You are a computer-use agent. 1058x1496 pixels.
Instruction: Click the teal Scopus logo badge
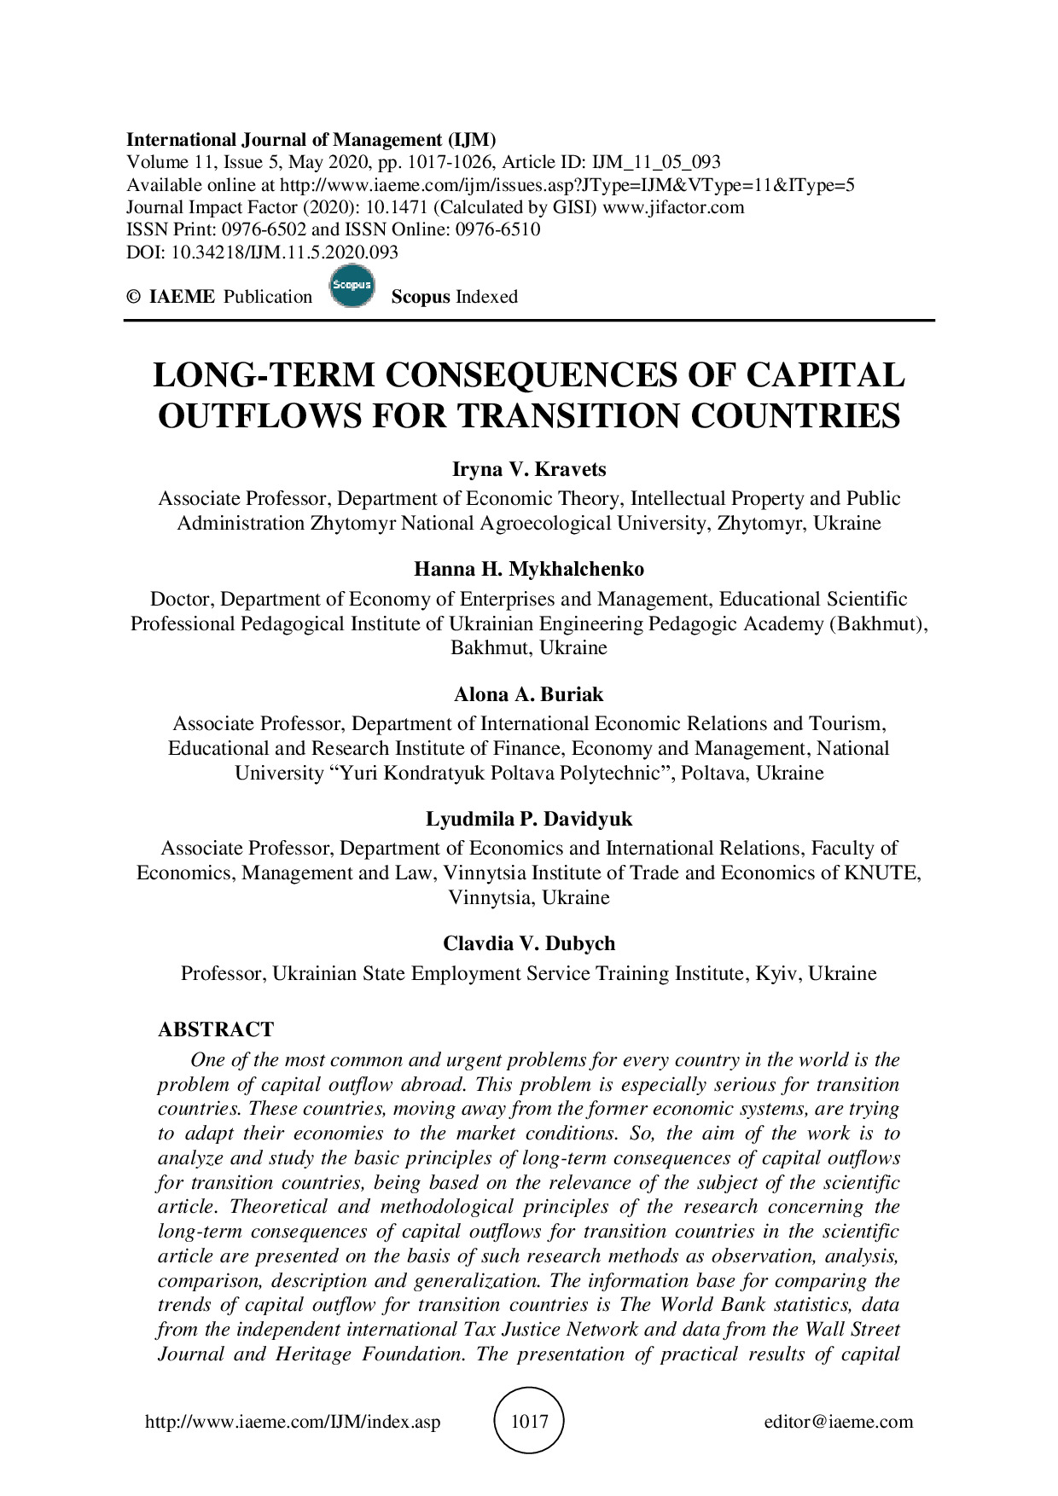352,287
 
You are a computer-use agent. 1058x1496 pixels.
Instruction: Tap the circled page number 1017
528,1421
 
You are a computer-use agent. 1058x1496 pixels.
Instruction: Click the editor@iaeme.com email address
838,1422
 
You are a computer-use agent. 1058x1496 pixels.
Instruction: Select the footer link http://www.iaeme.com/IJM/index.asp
293,1422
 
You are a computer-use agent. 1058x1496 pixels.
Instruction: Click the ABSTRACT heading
216,1029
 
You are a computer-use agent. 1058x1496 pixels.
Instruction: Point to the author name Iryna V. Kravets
528,470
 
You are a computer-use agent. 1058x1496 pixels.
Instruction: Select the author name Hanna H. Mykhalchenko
528,570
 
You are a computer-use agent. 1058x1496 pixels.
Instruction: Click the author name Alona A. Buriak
528,694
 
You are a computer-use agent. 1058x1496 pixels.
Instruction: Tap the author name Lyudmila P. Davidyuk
528,820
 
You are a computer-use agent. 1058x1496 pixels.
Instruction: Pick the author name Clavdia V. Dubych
528,944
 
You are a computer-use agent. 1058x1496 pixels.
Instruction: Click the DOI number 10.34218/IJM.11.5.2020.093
285,252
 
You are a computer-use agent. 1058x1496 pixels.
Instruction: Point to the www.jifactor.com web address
673,207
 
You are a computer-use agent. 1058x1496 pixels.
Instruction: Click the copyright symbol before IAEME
133,297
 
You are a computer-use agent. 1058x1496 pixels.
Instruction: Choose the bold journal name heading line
311,140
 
